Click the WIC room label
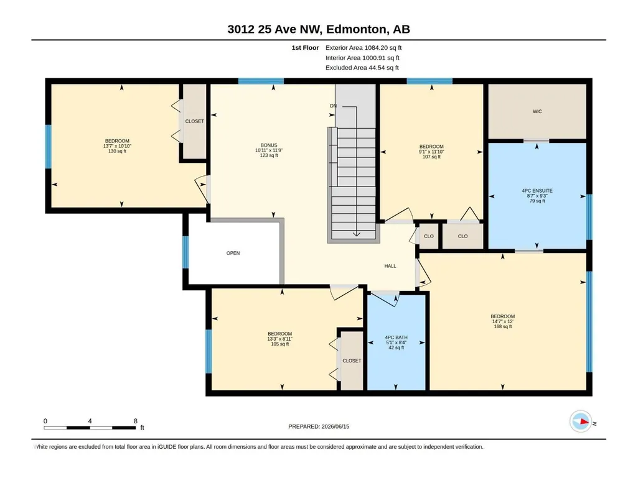(537, 111)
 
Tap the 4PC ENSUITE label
(537, 191)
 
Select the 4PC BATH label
(396, 338)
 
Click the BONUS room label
(269, 145)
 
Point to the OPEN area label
(233, 253)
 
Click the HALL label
(390, 266)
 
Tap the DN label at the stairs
(333, 106)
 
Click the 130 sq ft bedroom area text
(117, 151)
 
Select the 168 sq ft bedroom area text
(502, 326)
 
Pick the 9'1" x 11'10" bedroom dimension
(431, 152)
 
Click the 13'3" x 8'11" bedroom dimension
(280, 339)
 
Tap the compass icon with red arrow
(581, 421)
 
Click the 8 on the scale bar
(136, 421)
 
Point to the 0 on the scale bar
(45, 421)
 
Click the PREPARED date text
(319, 426)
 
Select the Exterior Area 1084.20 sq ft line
(364, 48)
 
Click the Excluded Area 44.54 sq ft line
(362, 68)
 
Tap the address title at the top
(319, 29)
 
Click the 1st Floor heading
(305, 48)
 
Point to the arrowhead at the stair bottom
(357, 234)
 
